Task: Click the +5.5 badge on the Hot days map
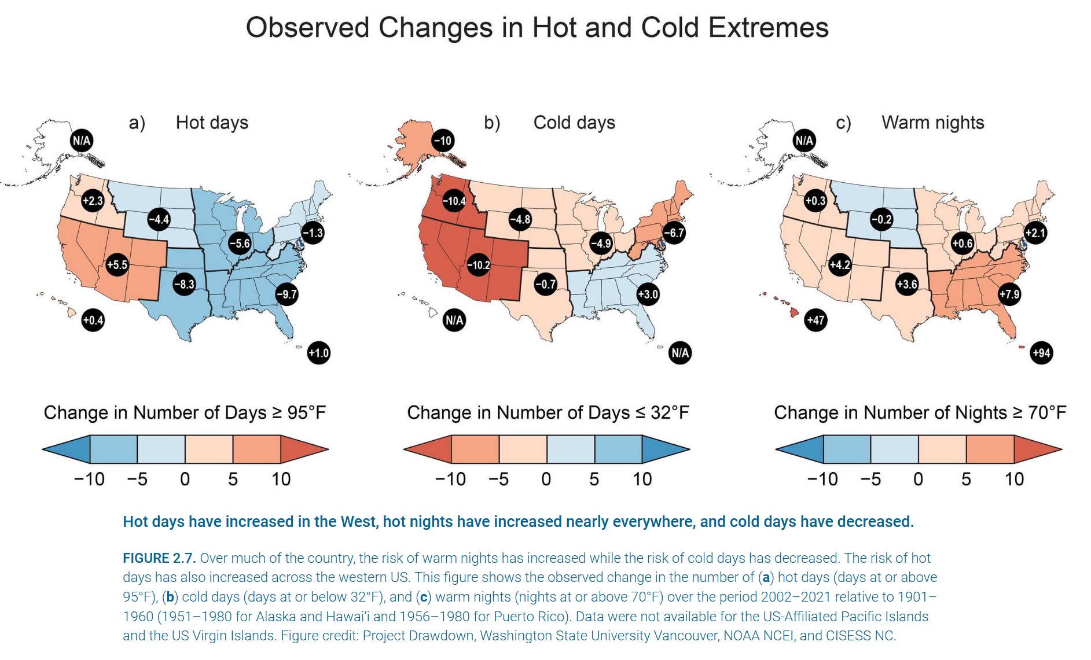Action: [117, 265]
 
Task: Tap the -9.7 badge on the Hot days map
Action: [286, 294]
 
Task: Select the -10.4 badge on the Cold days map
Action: [454, 201]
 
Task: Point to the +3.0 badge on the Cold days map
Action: [648, 294]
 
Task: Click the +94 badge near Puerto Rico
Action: [1041, 353]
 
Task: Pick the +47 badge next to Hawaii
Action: [816, 320]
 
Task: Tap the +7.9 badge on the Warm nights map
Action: [1009, 294]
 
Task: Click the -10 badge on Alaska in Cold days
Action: [443, 141]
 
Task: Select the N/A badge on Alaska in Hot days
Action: [82, 141]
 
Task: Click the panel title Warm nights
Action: [932, 123]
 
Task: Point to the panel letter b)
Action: [492, 123]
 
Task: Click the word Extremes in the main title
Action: [768, 27]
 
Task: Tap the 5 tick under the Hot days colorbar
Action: [233, 479]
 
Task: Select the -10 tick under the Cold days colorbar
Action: [450, 479]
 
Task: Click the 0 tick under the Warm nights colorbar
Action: [918, 479]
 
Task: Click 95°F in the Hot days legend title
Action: [306, 412]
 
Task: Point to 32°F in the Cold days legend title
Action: [670, 412]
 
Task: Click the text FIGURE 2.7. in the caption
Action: [159, 558]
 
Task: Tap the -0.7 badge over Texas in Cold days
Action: [545, 284]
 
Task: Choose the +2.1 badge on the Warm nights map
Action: [1035, 233]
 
